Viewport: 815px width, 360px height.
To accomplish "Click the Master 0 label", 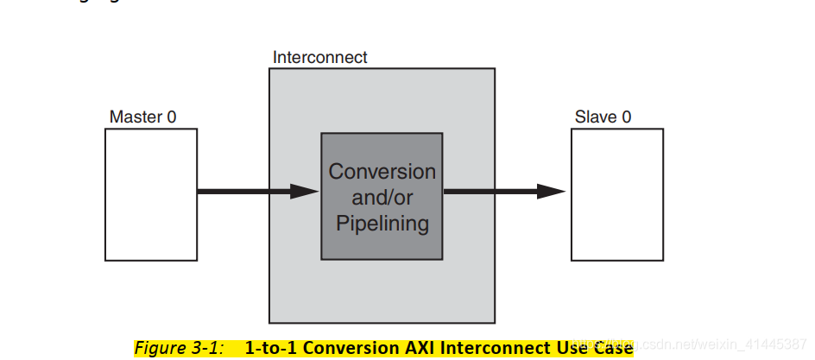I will click(142, 117).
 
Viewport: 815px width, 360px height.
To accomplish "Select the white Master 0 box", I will click(150, 194).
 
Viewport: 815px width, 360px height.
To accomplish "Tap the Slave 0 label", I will click(603, 117).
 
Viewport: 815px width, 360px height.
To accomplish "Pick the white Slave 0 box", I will click(616, 194).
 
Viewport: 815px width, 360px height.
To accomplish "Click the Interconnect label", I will click(319, 58).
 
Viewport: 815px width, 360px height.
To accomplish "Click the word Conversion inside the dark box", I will click(382, 171).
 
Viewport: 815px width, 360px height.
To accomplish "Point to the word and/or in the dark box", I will click(382, 198).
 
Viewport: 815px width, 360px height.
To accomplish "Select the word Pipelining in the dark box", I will click(382, 224).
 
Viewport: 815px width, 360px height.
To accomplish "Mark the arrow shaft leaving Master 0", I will click(242, 192).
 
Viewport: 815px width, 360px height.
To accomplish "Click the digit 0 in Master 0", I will click(171, 117).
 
